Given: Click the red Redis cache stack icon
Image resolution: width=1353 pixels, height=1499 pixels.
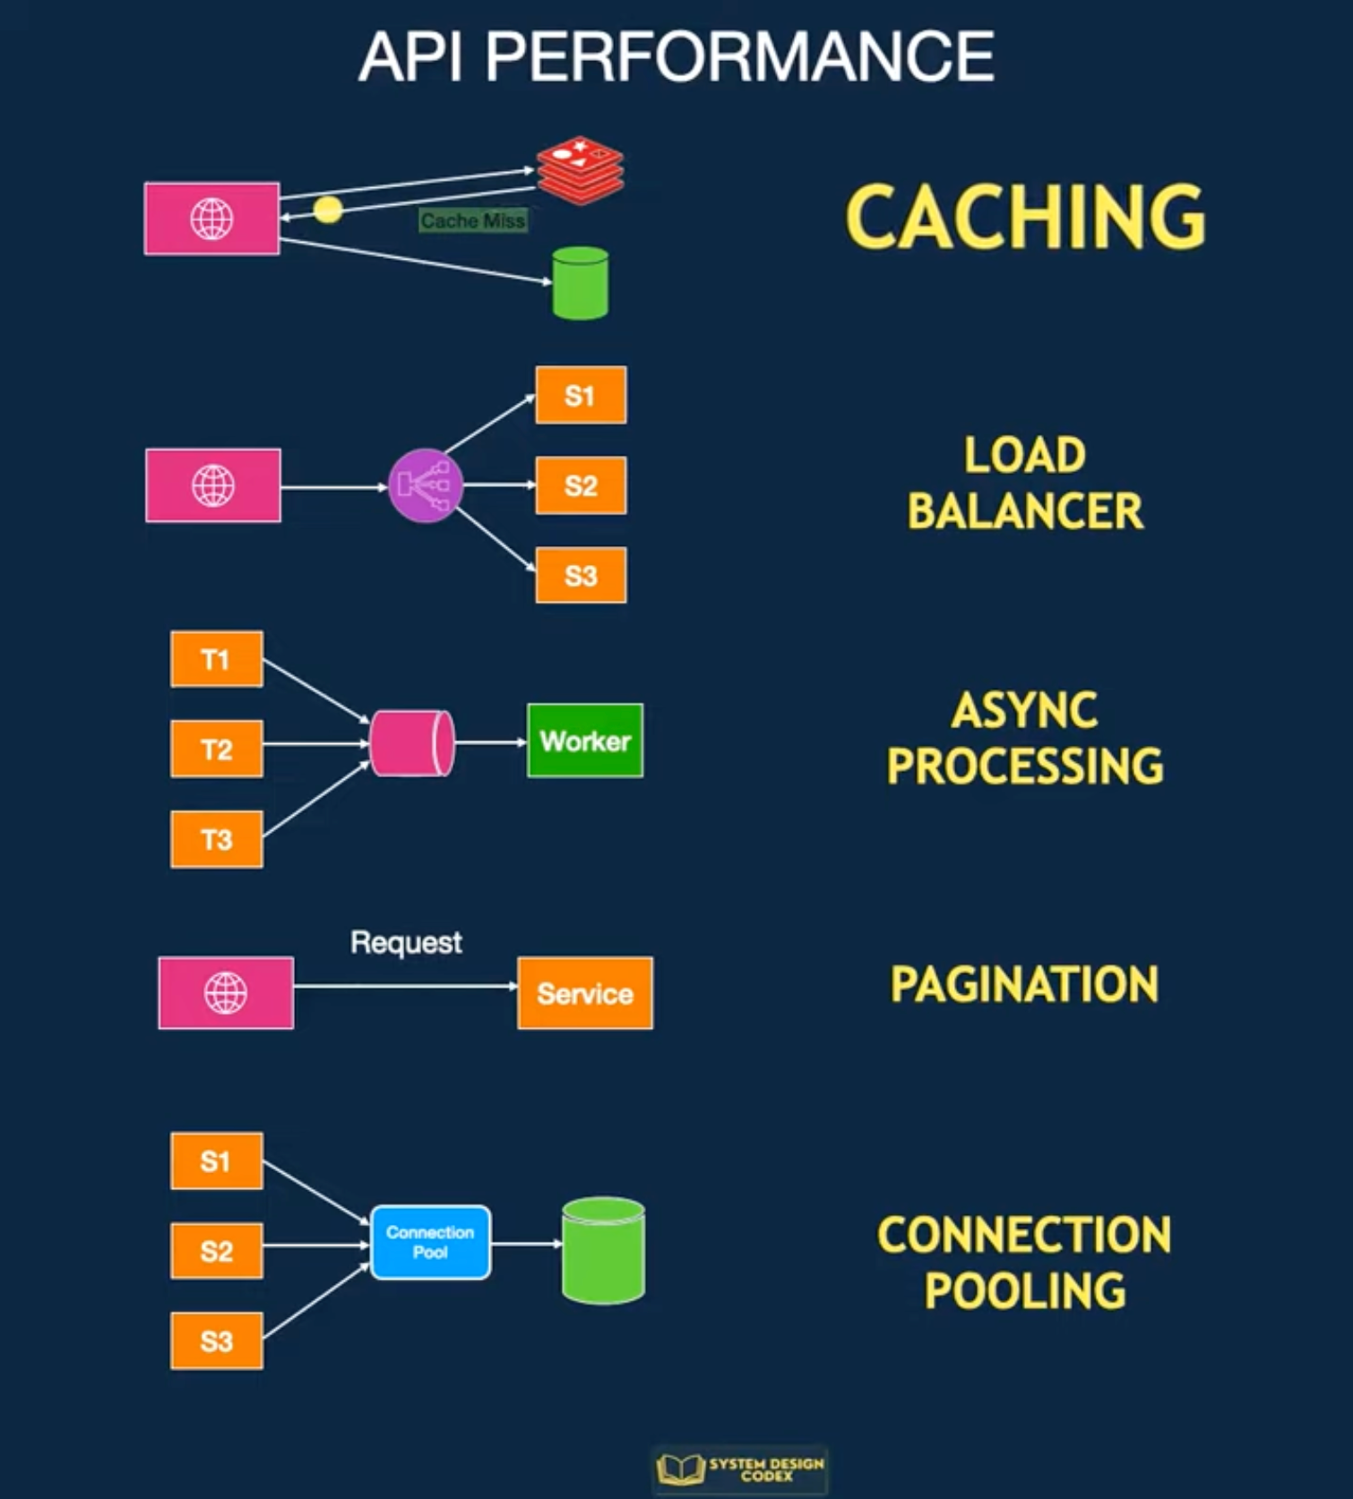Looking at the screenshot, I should (x=581, y=170).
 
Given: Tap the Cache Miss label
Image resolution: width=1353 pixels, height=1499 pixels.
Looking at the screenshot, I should (x=472, y=221).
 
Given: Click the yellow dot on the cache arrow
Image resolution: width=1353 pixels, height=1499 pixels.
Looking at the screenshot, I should (x=328, y=210).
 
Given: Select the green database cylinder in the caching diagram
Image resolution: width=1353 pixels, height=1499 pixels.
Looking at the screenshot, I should (x=581, y=284).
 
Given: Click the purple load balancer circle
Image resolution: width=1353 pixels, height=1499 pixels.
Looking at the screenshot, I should (x=426, y=486).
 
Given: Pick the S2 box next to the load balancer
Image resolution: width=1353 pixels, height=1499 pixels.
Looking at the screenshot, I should (x=581, y=486).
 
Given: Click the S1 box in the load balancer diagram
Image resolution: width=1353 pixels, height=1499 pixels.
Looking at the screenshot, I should (x=581, y=396).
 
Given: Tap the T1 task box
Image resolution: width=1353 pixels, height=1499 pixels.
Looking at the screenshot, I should (x=216, y=660).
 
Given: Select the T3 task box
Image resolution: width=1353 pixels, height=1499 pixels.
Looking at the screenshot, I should (x=216, y=840).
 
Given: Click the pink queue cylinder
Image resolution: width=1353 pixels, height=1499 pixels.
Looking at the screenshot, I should (x=411, y=743).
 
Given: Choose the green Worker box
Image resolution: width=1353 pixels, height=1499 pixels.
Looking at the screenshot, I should (x=585, y=741).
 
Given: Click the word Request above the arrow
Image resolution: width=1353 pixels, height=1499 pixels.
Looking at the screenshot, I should (x=406, y=943).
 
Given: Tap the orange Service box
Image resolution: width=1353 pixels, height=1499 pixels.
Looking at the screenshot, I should (x=585, y=994).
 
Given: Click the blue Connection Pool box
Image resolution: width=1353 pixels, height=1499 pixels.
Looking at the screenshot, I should (x=430, y=1243).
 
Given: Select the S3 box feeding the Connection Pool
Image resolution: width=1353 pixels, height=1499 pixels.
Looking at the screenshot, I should (x=216, y=1341).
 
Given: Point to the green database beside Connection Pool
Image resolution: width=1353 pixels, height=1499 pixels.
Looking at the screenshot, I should (x=603, y=1250).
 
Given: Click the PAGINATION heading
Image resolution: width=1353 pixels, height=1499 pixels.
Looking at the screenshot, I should (x=1024, y=985).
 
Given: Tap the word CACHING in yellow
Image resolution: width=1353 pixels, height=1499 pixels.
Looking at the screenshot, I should (x=1025, y=217).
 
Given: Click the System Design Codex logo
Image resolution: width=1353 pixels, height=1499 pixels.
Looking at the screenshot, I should (x=740, y=1469).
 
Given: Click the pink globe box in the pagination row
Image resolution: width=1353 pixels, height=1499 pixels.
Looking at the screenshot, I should (x=226, y=993).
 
